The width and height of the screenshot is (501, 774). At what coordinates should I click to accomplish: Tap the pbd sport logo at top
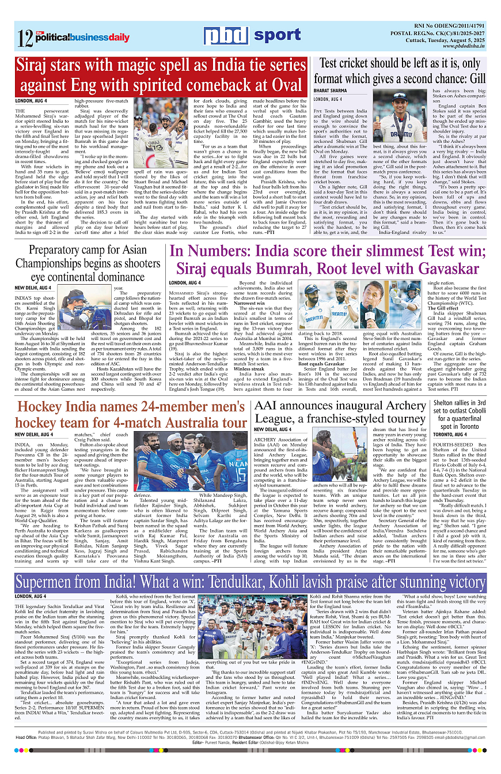pos(252,36)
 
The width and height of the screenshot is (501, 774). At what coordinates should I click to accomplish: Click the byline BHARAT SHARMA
pos(330,91)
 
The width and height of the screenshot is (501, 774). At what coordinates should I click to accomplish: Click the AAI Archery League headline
pos(340,410)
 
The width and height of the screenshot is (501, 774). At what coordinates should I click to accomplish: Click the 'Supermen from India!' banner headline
pos(251,580)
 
